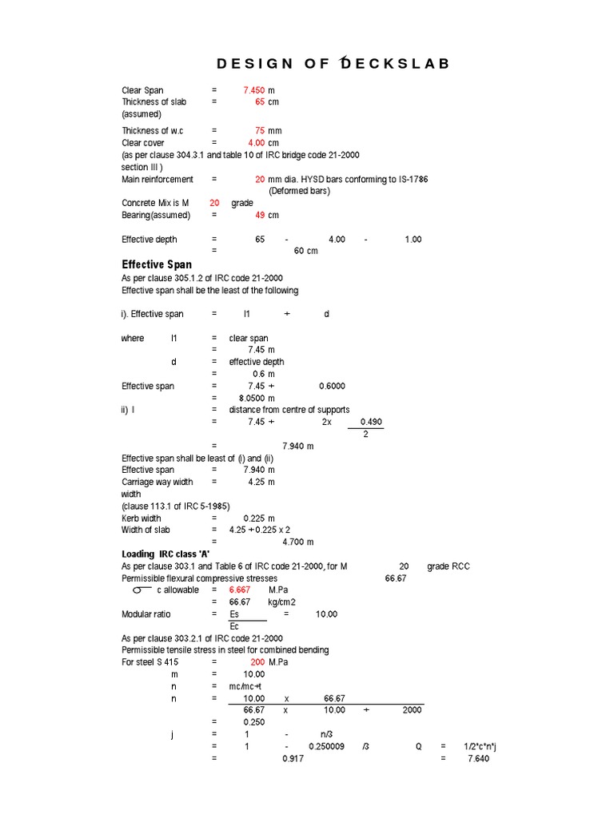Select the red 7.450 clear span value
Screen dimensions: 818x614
[254, 90]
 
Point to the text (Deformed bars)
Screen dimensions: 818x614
[299, 191]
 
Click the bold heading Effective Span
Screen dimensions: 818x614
[157, 264]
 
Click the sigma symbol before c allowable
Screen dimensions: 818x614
[142, 590]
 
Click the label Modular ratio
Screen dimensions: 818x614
[146, 614]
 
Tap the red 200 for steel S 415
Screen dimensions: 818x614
[257, 662]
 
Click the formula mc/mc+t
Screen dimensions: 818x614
[247, 686]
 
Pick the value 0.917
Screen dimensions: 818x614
[293, 759]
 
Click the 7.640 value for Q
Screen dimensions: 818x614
[478, 759]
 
